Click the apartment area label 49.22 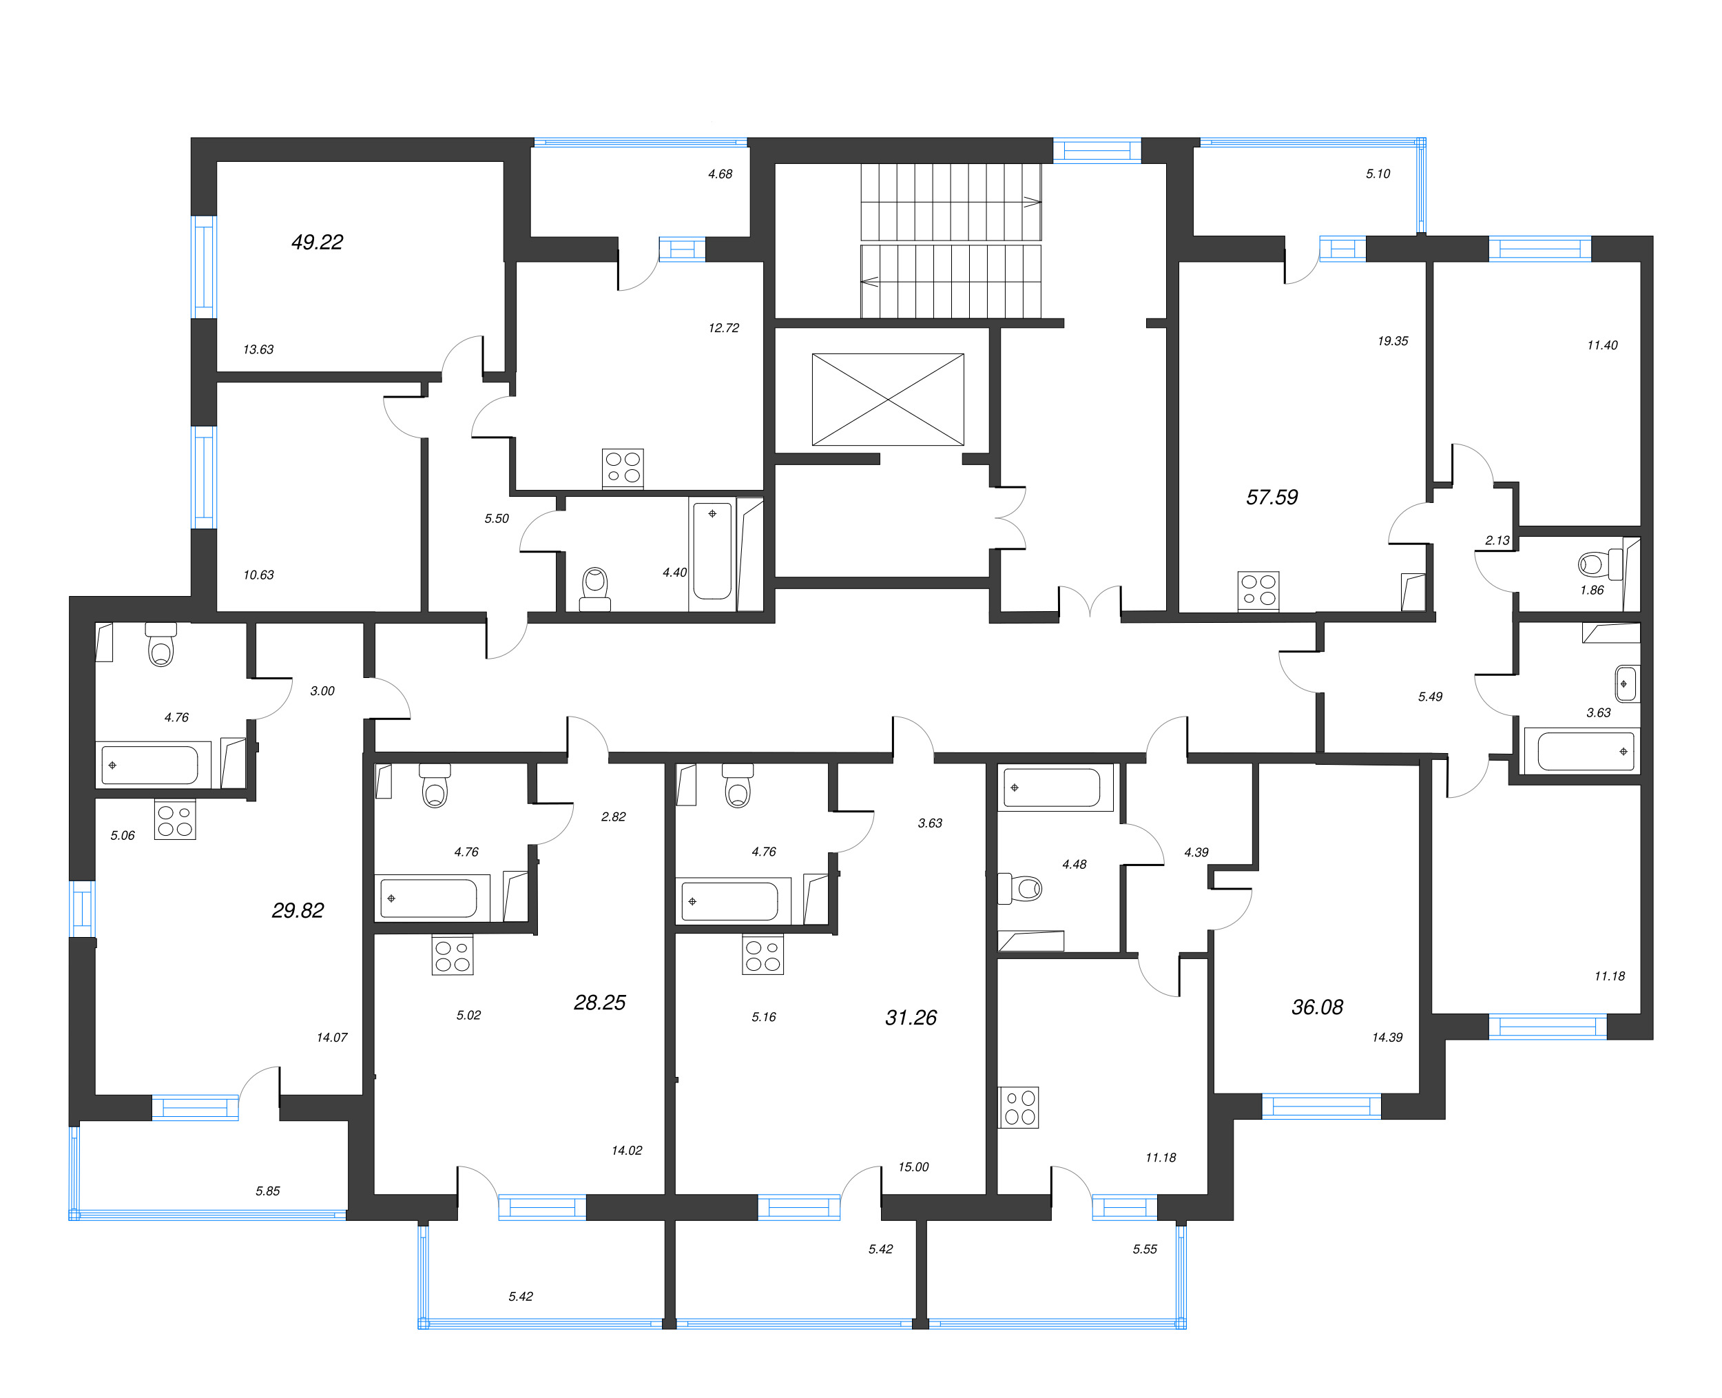click(x=317, y=243)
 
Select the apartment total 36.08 click(x=1317, y=1007)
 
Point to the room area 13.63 click(x=258, y=349)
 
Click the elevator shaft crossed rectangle click(x=887, y=400)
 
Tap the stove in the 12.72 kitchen click(x=622, y=468)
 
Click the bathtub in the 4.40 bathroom click(x=712, y=550)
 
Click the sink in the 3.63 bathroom click(x=1626, y=683)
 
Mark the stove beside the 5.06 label click(x=176, y=820)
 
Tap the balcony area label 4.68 click(x=720, y=174)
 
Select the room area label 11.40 click(x=1601, y=345)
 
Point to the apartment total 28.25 click(x=599, y=1003)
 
